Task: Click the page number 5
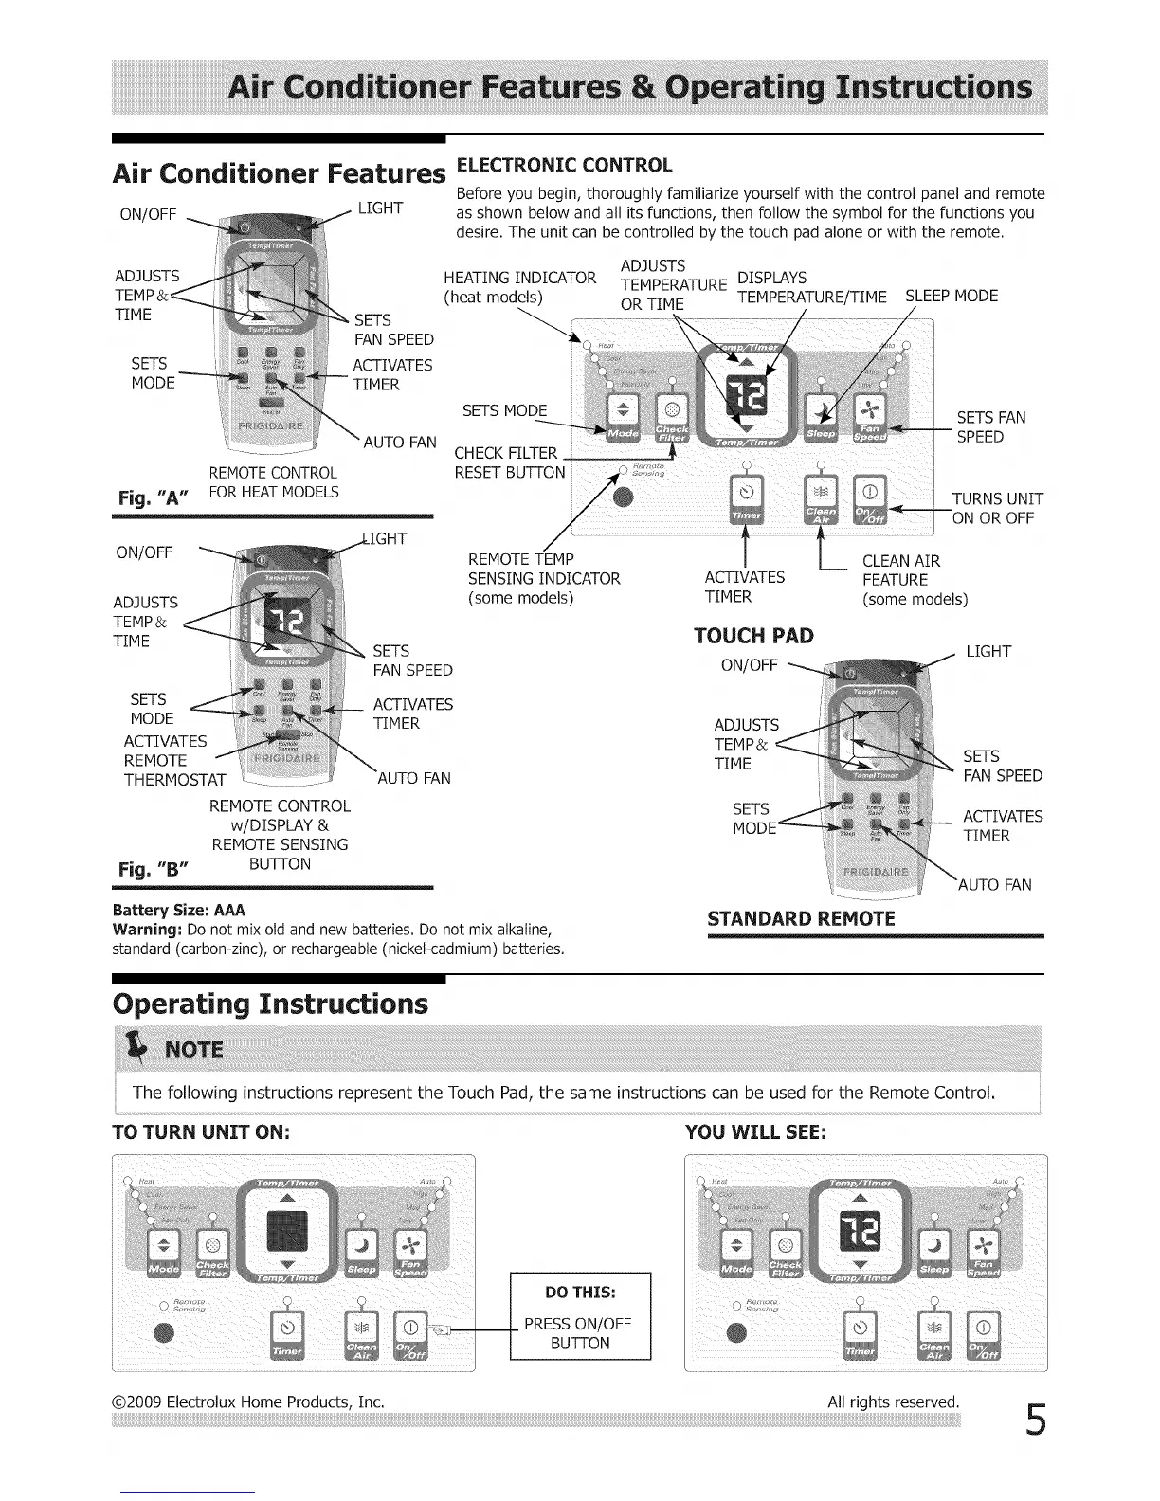coord(1035,1420)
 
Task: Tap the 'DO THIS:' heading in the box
coord(580,1293)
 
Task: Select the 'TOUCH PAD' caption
coord(753,635)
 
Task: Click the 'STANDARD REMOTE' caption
coord(801,918)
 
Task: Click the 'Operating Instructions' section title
coord(270,1004)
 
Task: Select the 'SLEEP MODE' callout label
coord(952,296)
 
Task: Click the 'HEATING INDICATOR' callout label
coord(519,278)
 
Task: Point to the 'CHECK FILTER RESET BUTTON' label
coord(510,462)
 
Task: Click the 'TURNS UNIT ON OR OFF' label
coord(997,508)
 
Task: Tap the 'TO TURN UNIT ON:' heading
coord(200,1132)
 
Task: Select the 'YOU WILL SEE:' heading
coord(755,1132)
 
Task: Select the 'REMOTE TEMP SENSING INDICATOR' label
coord(544,578)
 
